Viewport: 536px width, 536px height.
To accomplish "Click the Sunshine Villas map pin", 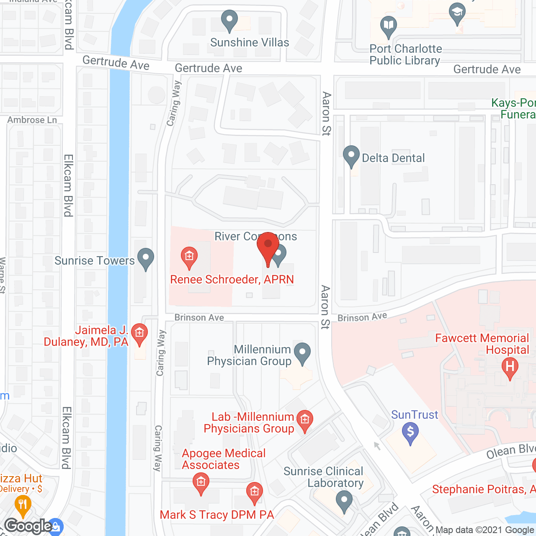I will [229, 20].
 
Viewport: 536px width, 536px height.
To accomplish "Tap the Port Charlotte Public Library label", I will [405, 55].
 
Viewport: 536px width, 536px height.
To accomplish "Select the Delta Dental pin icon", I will [351, 156].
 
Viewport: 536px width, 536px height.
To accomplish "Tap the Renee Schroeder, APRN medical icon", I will [189, 256].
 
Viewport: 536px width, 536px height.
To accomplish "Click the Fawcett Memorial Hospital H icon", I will [510, 367].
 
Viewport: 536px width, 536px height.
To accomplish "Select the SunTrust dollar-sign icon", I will [410, 432].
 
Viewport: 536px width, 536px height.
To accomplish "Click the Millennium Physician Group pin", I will [302, 353].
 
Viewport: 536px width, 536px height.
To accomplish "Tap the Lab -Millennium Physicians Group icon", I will [304, 420].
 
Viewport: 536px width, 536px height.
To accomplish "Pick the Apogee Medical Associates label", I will [224, 459].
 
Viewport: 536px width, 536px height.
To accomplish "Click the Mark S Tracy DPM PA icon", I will [254, 492].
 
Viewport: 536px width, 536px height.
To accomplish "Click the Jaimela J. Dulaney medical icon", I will [139, 334].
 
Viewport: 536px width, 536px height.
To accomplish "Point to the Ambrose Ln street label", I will [32, 120].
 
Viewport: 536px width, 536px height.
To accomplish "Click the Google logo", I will [28, 526].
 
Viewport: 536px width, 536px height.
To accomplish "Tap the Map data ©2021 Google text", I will [484, 530].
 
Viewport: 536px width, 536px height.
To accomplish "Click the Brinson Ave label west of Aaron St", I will [199, 317].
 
